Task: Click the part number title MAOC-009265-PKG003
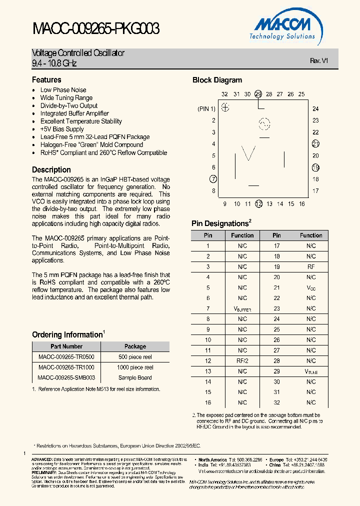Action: tap(96, 29)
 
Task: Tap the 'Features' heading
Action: tap(46, 80)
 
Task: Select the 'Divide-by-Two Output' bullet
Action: tap(69, 105)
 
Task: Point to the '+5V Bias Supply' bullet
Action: tap(62, 129)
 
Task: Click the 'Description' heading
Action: tap(51, 169)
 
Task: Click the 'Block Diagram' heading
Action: tap(217, 80)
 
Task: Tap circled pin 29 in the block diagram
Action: tap(258, 94)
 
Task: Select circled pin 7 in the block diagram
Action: tap(213, 179)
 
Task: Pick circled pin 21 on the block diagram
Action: tap(315, 144)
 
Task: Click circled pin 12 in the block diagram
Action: tap(258, 203)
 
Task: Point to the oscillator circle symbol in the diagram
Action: tap(263, 124)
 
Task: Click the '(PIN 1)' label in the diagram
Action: tap(206, 108)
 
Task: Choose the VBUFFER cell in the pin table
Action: tap(242, 308)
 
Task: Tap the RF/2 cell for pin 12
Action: tap(242, 360)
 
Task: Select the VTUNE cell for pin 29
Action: tap(311, 371)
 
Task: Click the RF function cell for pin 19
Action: tap(311, 267)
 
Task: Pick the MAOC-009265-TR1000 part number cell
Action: tap(66, 367)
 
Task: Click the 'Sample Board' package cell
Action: tap(135, 378)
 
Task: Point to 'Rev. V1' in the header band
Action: tap(318, 60)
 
